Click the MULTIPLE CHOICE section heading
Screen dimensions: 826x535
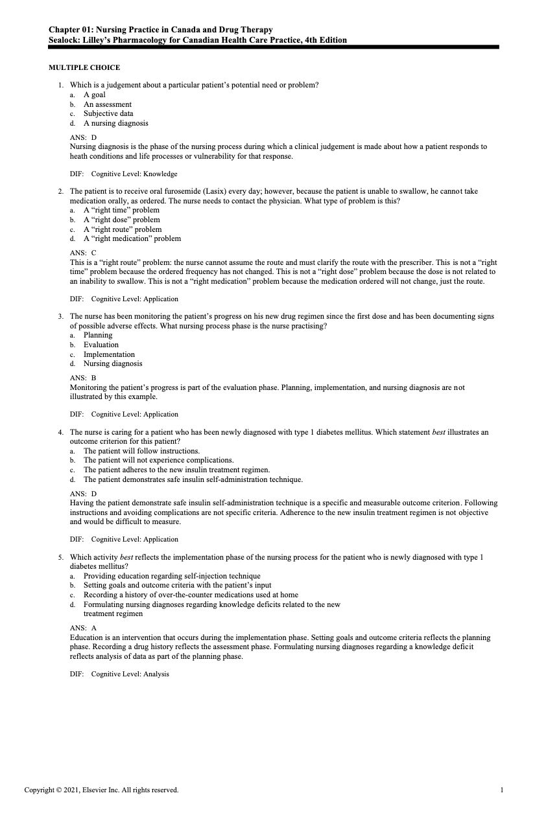click(x=84, y=67)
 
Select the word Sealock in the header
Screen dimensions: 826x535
click(x=64, y=40)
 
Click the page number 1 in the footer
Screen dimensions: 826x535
click(x=502, y=790)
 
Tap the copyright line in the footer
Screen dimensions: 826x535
click(x=101, y=790)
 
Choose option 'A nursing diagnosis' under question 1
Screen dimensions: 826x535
click(x=115, y=123)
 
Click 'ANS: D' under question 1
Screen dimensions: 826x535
click(x=83, y=137)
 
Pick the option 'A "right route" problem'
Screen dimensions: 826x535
click(x=123, y=229)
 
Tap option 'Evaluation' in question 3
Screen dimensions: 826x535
click(x=101, y=345)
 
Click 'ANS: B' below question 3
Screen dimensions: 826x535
click(x=83, y=378)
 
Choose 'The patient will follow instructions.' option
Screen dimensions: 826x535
click(x=141, y=451)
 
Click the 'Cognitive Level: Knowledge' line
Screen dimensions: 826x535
click(x=134, y=174)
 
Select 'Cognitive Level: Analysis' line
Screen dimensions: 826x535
click(x=130, y=674)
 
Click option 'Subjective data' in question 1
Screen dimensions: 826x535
click(x=108, y=113)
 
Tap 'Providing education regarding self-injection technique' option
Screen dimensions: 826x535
click(x=172, y=576)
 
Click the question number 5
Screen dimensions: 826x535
click(x=60, y=557)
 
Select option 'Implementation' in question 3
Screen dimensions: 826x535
click(x=109, y=354)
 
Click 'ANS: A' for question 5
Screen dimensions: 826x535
click(x=83, y=628)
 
